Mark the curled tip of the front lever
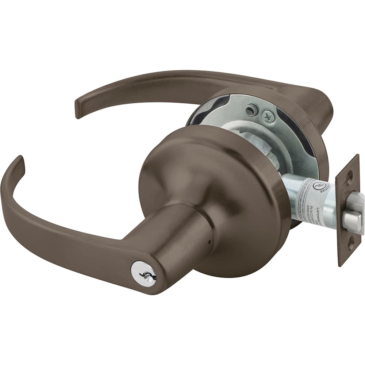click(x=19, y=162)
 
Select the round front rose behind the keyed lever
click(x=226, y=190)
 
